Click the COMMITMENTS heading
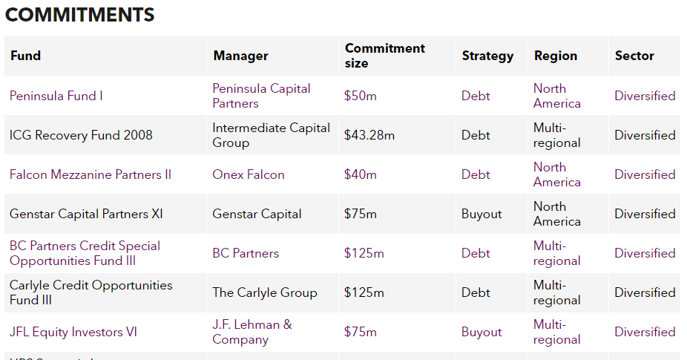point(79,15)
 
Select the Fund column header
point(26,56)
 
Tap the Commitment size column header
point(384,56)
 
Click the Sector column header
point(634,56)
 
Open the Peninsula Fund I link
point(56,96)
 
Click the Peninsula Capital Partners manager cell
point(261,96)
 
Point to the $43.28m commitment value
point(369,135)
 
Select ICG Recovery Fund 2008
point(81,135)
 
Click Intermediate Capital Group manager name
point(271,135)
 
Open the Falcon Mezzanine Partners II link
point(91,174)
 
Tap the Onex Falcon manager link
point(249,174)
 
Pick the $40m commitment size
point(361,174)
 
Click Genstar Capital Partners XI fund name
point(86,214)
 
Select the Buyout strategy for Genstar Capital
point(481,214)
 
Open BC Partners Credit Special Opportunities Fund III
point(85,253)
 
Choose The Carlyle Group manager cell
point(265,292)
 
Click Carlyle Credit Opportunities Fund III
point(91,292)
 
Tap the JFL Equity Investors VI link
point(73,332)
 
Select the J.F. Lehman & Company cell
point(252,332)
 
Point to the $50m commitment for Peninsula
point(361,96)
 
